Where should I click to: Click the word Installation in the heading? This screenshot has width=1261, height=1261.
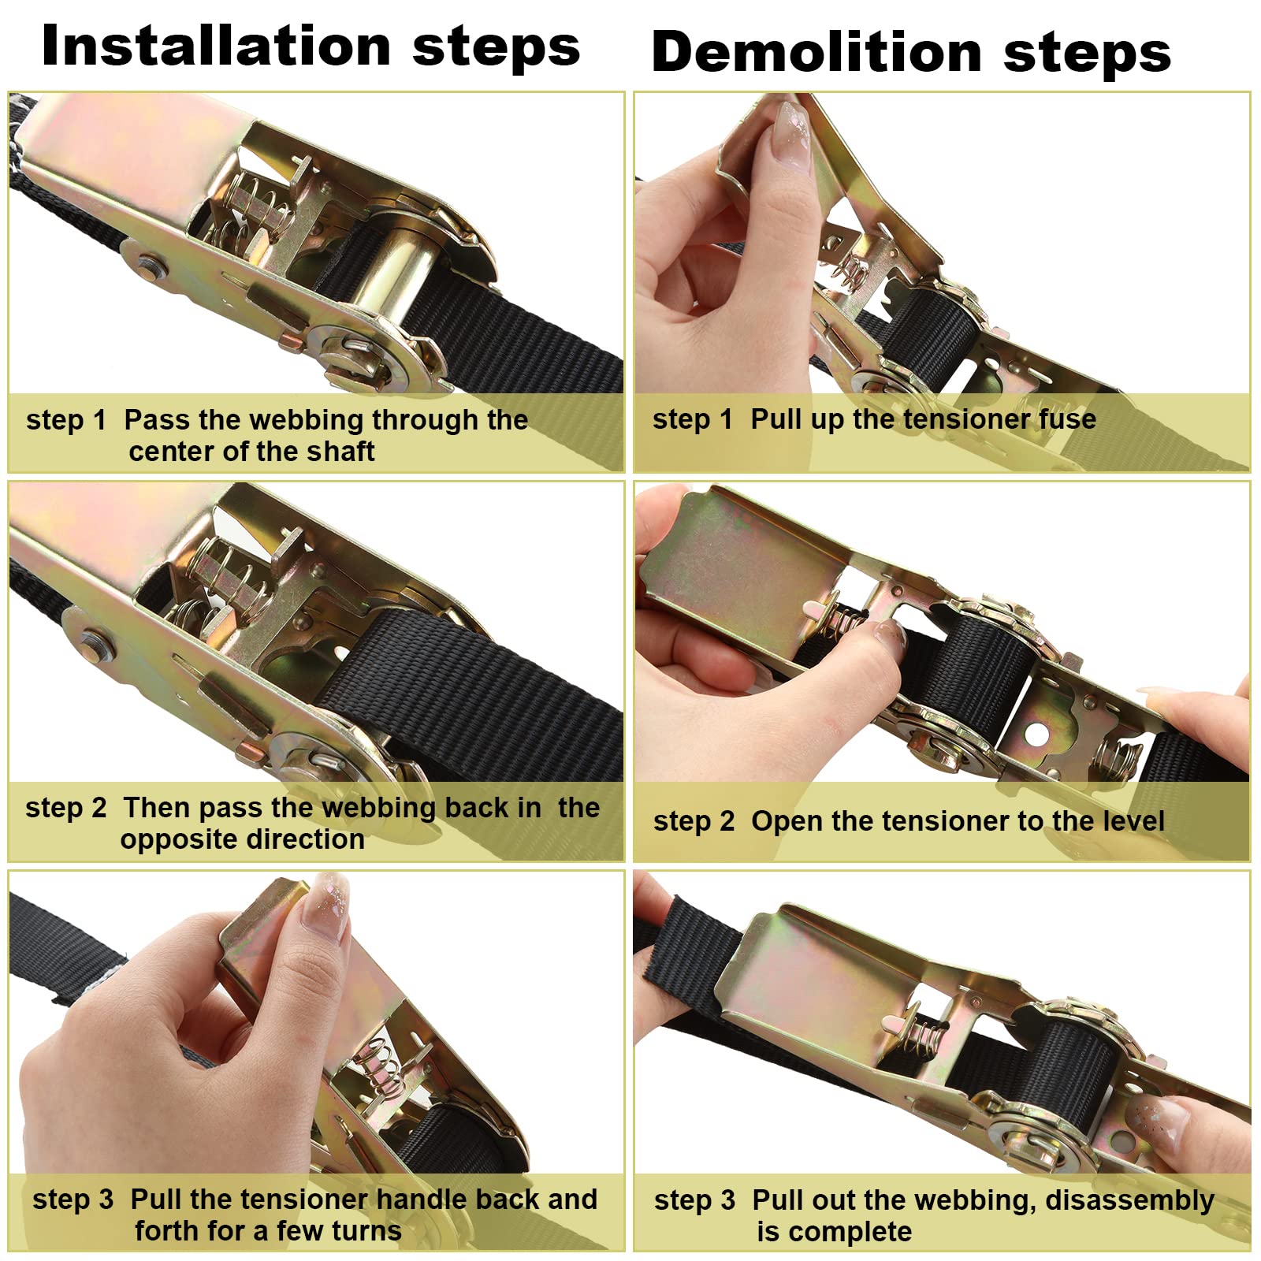[216, 46]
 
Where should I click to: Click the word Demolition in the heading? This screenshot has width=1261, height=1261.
[816, 52]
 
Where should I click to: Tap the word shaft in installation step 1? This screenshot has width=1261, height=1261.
[340, 452]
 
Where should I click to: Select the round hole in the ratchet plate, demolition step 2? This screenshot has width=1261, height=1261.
[1036, 734]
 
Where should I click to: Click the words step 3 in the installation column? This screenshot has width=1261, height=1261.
[73, 1200]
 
